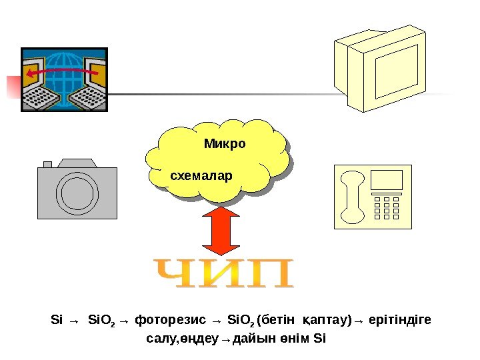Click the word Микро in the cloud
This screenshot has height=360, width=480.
(225, 144)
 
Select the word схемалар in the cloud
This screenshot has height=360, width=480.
(201, 177)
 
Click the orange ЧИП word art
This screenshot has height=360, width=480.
(224, 274)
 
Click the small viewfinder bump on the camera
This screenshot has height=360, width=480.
(47, 164)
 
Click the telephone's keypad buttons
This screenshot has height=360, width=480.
(386, 207)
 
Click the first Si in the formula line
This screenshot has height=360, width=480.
(55, 320)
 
